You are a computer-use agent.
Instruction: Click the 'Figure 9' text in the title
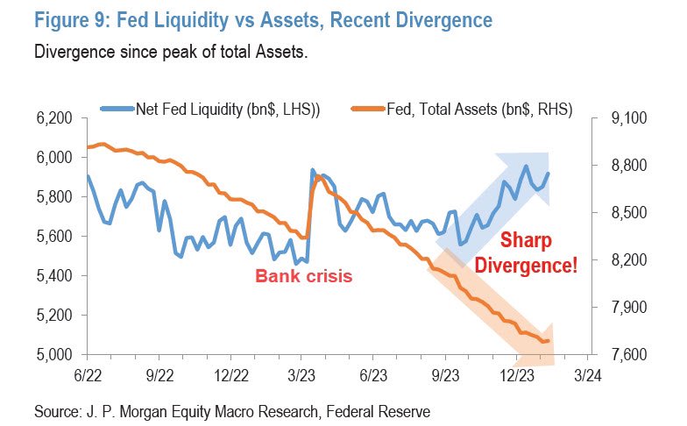point(74,18)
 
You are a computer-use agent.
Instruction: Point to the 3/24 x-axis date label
point(586,373)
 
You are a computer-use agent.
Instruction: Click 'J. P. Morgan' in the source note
point(127,409)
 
